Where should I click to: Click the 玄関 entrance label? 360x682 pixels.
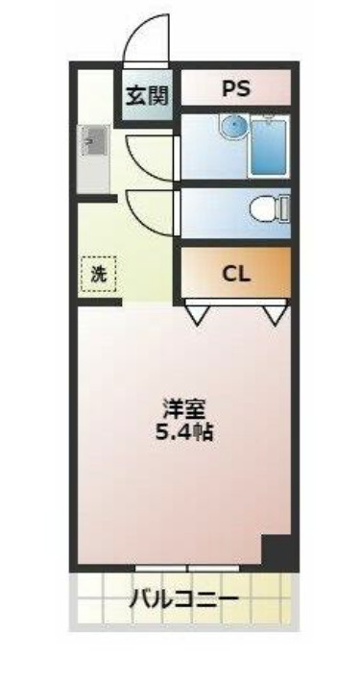[147, 95]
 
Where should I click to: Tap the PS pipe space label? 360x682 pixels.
[235, 88]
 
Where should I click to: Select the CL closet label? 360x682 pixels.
[235, 272]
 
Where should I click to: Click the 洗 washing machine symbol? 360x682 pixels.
[97, 273]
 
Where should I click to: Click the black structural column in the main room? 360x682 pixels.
[277, 552]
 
